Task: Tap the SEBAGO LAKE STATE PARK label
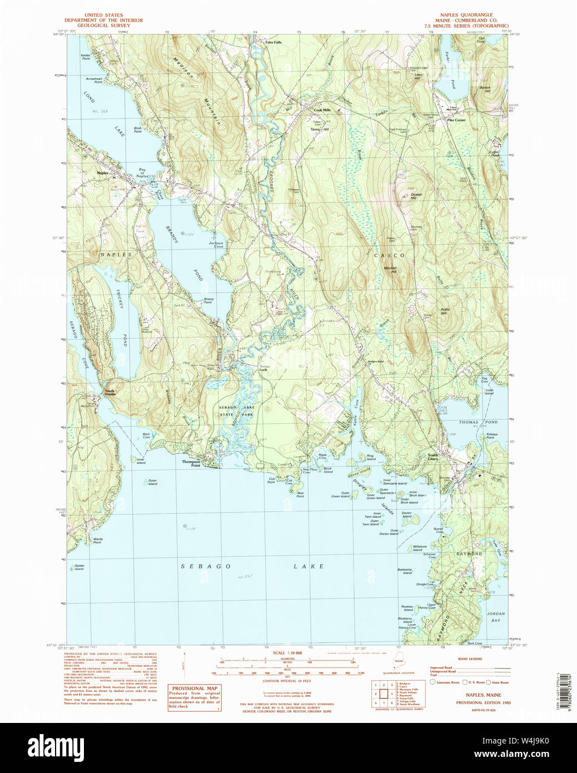236,411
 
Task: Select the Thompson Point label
191,463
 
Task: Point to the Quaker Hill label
416,196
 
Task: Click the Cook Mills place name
322,110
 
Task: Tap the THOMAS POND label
478,422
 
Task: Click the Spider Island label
79,567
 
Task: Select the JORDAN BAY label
495,617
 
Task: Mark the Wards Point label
98,540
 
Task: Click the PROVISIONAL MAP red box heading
195,688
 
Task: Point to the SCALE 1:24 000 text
287,653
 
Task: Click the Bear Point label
300,494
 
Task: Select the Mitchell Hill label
390,269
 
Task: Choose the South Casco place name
433,457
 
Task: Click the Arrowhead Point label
93,80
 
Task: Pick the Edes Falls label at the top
273,42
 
